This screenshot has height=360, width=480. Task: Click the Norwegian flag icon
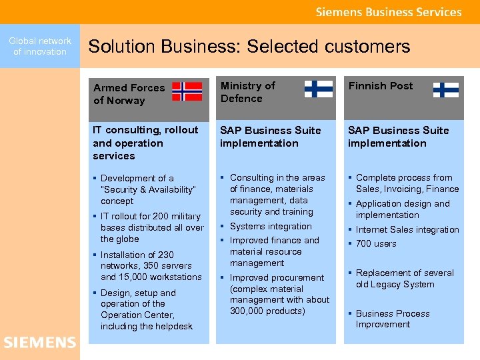click(x=187, y=91)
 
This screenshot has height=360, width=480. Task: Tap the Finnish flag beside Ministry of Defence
click(x=318, y=89)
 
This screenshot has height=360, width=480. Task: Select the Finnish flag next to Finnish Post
click(x=445, y=89)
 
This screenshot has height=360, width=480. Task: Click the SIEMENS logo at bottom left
click(x=40, y=343)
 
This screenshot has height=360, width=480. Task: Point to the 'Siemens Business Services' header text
click(x=388, y=12)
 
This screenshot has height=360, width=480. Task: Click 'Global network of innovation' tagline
click(x=40, y=46)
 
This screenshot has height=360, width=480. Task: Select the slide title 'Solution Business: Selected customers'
click(x=249, y=46)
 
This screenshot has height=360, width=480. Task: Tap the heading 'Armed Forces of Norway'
click(x=129, y=94)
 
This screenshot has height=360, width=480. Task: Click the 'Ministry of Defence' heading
click(x=247, y=92)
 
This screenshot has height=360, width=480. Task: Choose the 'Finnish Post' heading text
click(x=380, y=86)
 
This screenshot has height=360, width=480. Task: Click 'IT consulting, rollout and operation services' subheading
click(x=145, y=143)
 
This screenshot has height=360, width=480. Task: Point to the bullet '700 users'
click(x=376, y=244)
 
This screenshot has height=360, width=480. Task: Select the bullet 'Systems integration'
click(x=271, y=226)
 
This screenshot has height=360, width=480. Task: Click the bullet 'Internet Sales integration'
click(x=407, y=230)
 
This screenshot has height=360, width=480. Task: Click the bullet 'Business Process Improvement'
click(x=392, y=319)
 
